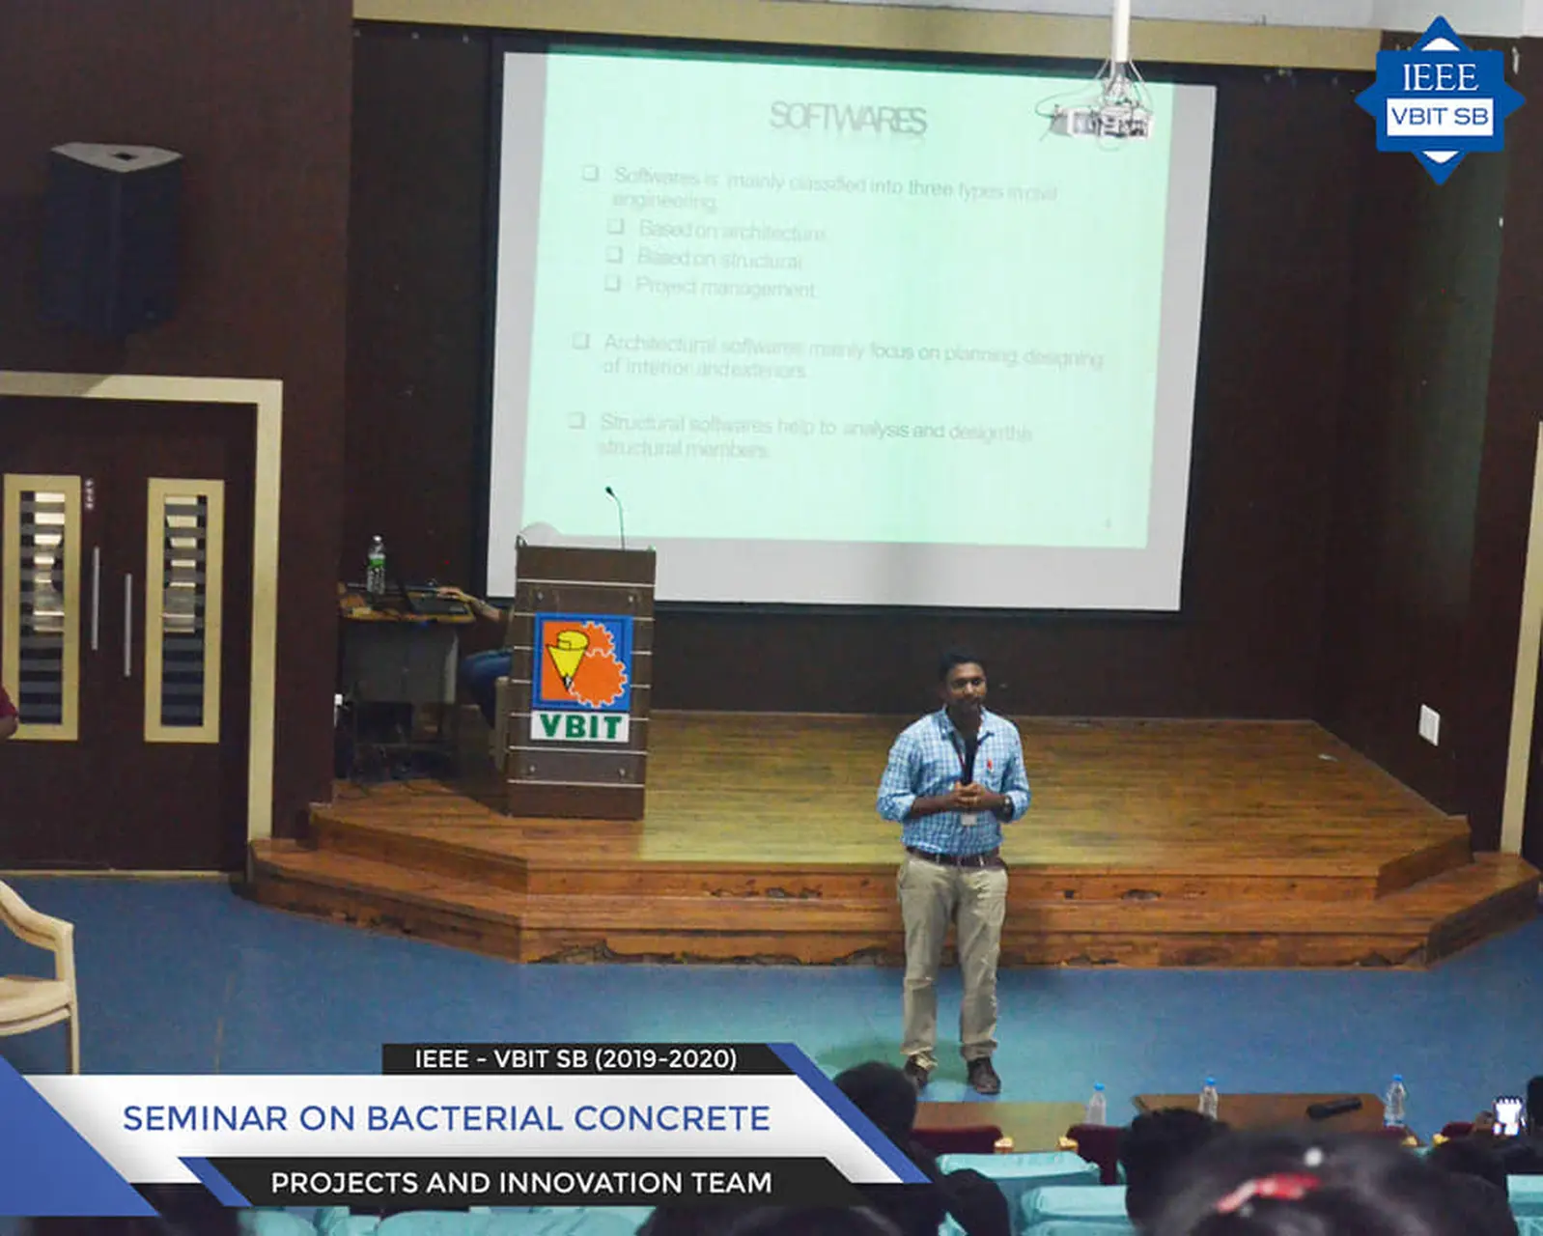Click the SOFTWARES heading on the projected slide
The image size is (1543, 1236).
[x=848, y=118]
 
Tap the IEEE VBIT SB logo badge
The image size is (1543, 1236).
[x=1439, y=99]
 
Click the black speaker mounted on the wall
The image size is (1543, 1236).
[x=114, y=237]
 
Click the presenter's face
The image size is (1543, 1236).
[x=963, y=687]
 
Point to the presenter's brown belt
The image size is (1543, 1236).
[x=954, y=857]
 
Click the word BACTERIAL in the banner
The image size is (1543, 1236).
[x=463, y=1118]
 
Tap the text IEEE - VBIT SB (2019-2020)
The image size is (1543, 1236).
[x=575, y=1059]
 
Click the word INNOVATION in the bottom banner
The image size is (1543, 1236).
[x=592, y=1183]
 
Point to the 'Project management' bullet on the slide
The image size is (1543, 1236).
[x=724, y=288]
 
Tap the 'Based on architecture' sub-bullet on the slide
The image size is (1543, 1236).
[x=731, y=231]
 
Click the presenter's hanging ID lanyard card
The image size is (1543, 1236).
[x=968, y=819]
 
